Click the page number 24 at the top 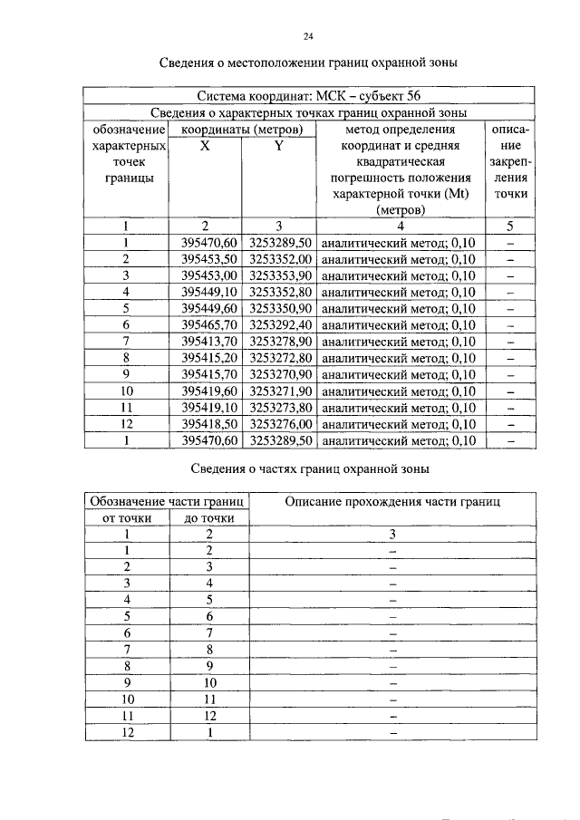tap(308, 37)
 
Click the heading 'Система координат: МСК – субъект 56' tap(308, 96)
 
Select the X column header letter tap(206, 146)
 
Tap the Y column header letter tap(279, 146)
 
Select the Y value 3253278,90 tap(279, 342)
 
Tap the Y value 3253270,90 tap(279, 374)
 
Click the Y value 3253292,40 tap(279, 324)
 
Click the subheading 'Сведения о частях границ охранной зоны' tap(308, 468)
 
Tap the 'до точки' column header tap(209, 518)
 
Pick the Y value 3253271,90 tap(279, 391)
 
